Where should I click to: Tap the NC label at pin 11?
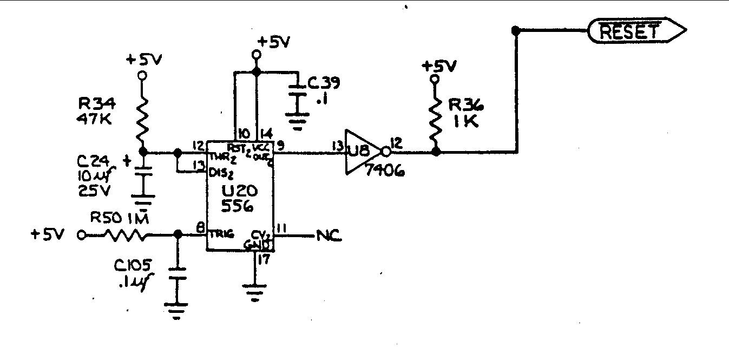coord(329,236)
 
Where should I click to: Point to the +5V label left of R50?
coord(48,235)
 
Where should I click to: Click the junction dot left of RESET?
coord(516,31)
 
